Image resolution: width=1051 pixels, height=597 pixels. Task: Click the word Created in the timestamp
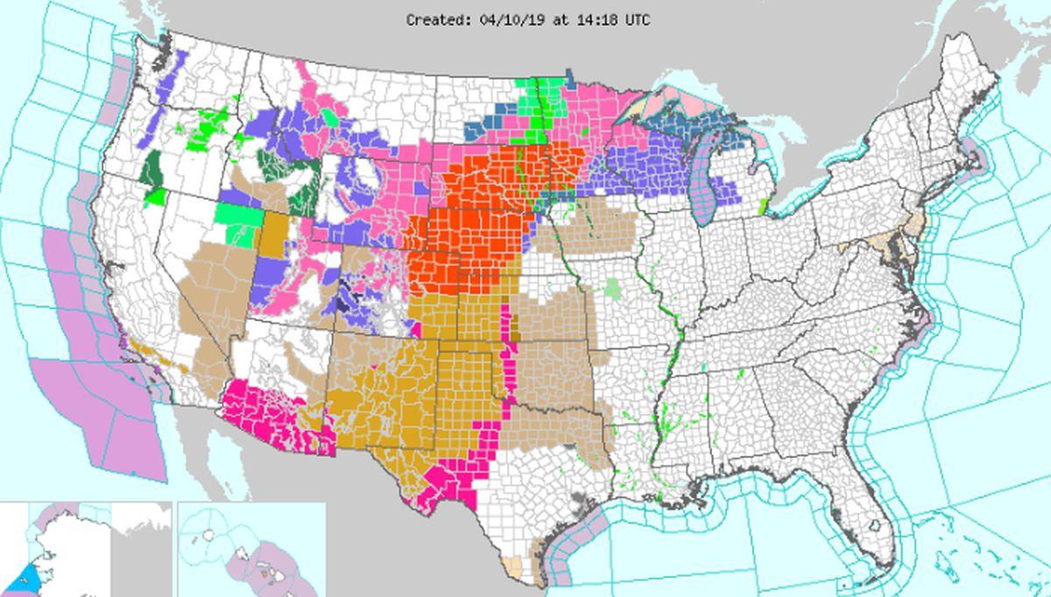pos(432,18)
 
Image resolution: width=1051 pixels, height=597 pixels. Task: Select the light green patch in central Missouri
pos(617,288)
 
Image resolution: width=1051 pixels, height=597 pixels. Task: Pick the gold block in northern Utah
pos(275,235)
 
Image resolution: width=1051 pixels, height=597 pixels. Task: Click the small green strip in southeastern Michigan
pos(763,206)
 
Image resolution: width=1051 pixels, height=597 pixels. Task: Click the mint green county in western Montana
pos(329,117)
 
